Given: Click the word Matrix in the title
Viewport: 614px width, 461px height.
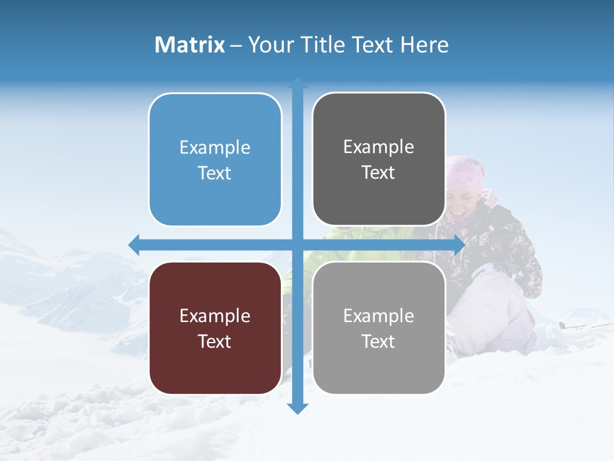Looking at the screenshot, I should point(190,45).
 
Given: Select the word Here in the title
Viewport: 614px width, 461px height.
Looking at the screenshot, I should point(424,45).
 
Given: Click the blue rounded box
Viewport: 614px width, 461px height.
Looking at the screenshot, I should point(215,160).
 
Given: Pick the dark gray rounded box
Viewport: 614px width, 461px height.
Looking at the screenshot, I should point(379,159).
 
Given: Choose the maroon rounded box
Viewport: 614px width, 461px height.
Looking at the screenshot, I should point(215,328).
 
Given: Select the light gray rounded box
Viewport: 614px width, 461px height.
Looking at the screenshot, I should point(379,328).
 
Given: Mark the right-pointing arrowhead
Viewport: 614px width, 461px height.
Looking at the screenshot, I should point(459,245).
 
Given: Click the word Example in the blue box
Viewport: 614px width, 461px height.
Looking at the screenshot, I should point(215,148).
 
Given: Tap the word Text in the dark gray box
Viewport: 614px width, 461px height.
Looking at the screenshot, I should point(379,173).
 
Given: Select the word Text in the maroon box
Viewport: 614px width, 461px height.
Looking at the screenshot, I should point(215,341).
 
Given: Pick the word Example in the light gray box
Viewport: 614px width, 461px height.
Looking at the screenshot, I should point(379,316).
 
